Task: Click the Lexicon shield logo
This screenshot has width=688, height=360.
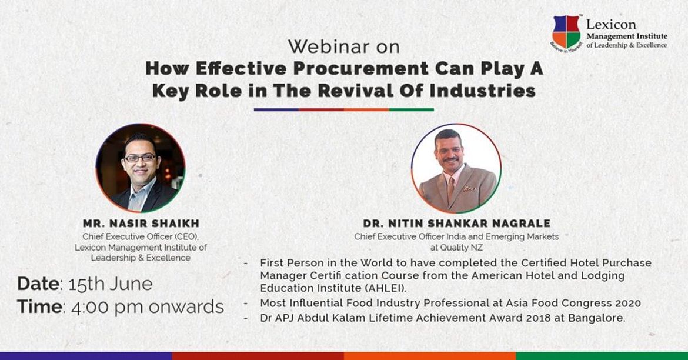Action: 566,32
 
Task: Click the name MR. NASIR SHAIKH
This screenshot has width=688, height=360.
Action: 141,224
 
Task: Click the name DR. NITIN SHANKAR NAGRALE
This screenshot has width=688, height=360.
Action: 456,224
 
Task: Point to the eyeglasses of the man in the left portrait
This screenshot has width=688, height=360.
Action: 141,158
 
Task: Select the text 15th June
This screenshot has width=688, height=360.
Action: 110,284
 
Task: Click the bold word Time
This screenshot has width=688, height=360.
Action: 39,307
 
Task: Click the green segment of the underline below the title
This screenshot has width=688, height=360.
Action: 411,109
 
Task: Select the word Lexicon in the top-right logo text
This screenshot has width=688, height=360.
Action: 603,25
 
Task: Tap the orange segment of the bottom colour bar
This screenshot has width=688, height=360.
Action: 430,356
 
